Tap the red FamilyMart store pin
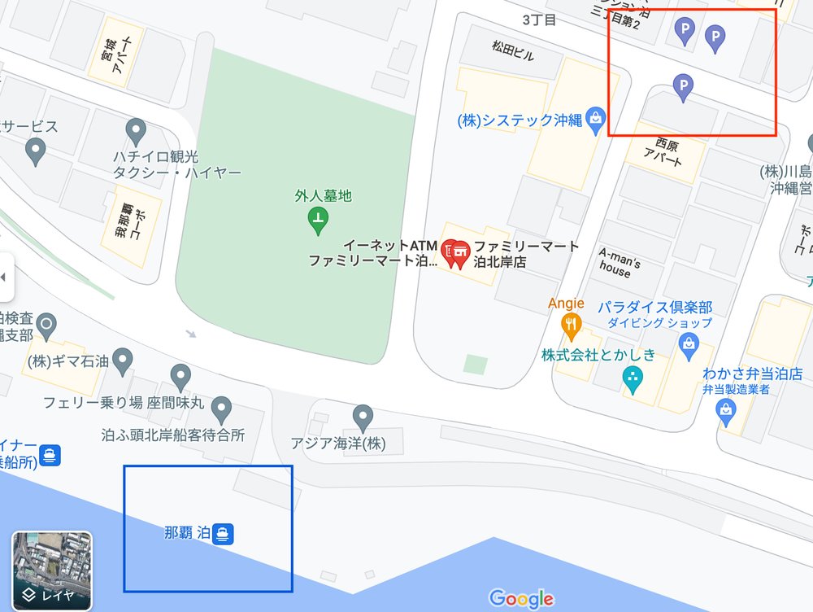[455, 252]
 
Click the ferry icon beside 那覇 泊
[224, 534]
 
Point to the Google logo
[521, 599]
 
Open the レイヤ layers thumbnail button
[51, 570]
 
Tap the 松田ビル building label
[514, 52]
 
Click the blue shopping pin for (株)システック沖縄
[597, 120]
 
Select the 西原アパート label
[662, 151]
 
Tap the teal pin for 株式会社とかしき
[632, 378]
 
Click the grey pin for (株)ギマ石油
[123, 359]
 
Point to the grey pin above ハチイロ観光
[136, 130]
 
